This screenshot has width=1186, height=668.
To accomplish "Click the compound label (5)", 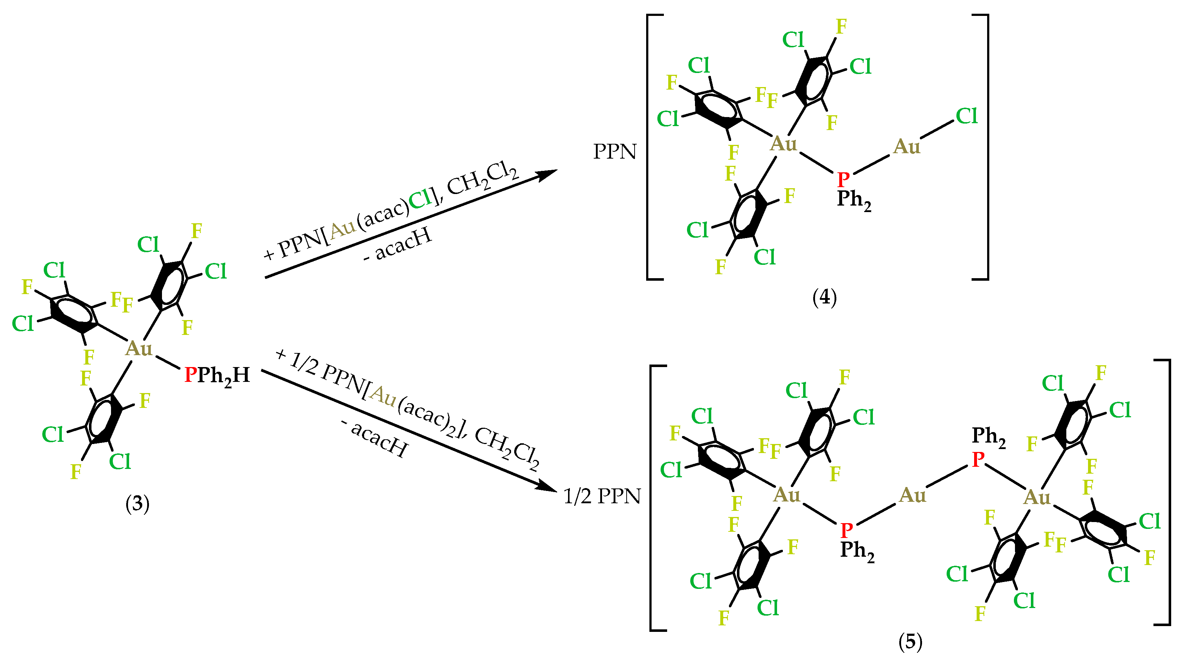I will coord(910,641).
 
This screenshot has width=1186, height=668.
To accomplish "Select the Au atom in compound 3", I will coord(138,349).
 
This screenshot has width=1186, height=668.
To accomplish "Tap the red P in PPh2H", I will coord(190,375).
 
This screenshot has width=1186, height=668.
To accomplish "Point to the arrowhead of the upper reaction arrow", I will coord(548,174).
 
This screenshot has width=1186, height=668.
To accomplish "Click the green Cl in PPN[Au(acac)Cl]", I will coord(420,199).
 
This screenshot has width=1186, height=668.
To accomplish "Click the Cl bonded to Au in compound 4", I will coord(967,116).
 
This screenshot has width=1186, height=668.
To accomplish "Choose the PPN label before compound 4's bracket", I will coord(615,151).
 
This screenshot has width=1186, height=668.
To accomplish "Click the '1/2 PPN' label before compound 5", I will coord(602,496).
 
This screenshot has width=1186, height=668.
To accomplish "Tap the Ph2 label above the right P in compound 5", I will coord(989,436).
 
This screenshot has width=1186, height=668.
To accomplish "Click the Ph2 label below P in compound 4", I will coord(854,200).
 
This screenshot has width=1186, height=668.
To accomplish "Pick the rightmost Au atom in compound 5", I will coord(1037,497).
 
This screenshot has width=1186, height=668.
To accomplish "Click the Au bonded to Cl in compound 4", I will coord(906,147).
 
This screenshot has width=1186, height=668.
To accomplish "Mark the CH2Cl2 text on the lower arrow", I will coord(507,449).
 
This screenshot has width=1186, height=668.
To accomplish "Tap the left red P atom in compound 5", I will coord(846,530).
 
